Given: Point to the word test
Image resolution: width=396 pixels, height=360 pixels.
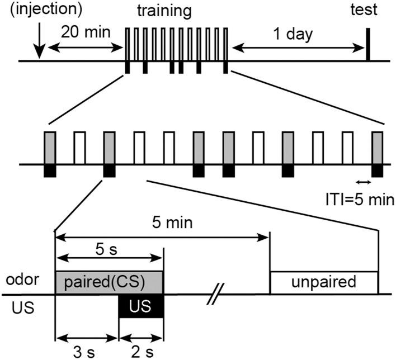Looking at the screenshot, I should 367,10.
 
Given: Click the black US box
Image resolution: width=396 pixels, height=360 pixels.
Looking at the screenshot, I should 141,306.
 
